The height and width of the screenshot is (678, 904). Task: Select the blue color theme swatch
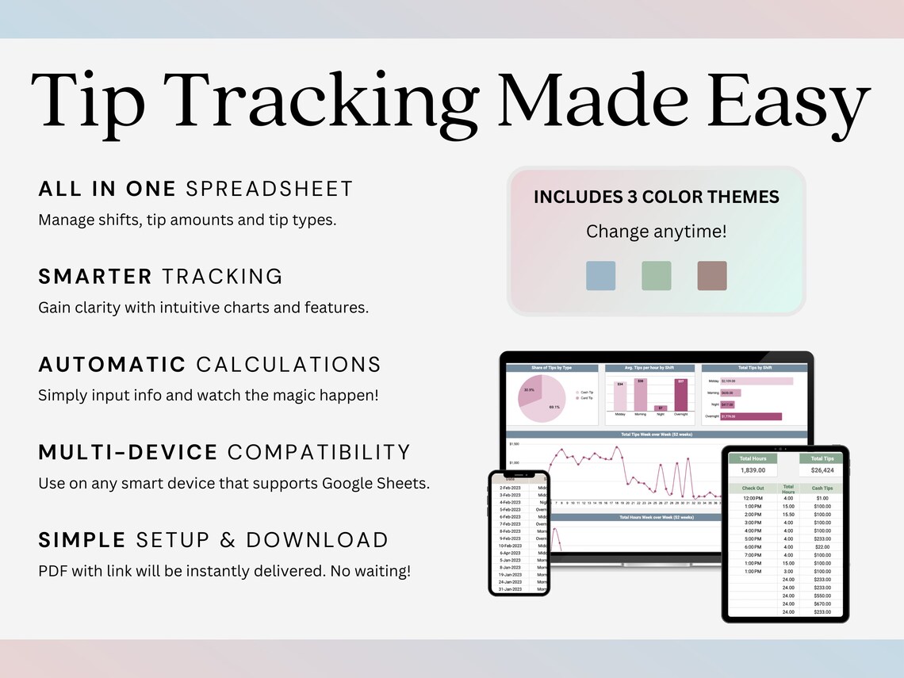pyautogui.click(x=600, y=276)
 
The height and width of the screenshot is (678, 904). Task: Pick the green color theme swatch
pyautogui.click(x=656, y=276)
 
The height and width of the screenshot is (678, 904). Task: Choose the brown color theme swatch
pyautogui.click(x=711, y=276)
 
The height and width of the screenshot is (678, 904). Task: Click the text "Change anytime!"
pyautogui.click(x=656, y=232)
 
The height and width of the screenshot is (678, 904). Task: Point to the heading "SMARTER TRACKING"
pyautogui.click(x=160, y=277)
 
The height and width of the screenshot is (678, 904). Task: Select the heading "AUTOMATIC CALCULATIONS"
pyautogui.click(x=209, y=365)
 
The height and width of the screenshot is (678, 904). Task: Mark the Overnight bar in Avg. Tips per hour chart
pyautogui.click(x=680, y=395)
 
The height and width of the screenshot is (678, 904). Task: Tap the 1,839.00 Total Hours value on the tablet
pyautogui.click(x=752, y=470)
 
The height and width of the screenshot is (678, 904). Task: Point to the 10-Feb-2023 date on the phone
pyautogui.click(x=511, y=546)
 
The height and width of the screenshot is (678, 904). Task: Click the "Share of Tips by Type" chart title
pyautogui.click(x=552, y=368)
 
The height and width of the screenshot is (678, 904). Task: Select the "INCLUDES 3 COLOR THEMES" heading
pyautogui.click(x=656, y=197)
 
